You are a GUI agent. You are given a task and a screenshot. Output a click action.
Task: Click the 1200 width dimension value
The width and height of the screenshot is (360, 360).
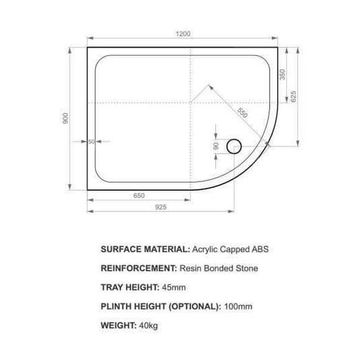pos(184,34)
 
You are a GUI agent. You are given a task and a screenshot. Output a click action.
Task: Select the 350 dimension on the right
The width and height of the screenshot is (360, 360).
pos(283,74)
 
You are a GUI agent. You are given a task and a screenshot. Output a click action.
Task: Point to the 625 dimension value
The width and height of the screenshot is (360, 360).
pos(293,96)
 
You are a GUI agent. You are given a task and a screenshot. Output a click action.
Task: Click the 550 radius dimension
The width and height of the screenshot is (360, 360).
pos(242,112)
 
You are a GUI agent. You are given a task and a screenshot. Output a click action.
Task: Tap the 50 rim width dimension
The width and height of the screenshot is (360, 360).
pos(91,141)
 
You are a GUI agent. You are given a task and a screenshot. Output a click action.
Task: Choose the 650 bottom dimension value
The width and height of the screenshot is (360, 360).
pos(139,196)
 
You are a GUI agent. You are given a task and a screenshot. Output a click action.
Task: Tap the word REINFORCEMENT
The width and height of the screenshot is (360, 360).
pos(137,268)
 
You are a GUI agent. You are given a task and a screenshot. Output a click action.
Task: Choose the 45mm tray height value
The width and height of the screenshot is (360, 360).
pos(174,287)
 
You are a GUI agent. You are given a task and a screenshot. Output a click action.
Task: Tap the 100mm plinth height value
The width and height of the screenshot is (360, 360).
pos(239,307)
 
